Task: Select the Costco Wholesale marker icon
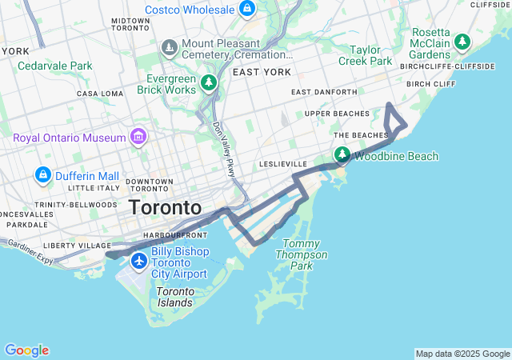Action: pos(247,10)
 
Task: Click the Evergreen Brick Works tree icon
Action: pos(209,82)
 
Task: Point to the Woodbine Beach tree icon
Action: pos(342,155)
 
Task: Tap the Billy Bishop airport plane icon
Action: pos(140,261)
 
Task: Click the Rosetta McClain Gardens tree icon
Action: pos(462,41)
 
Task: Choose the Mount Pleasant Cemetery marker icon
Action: pos(169,49)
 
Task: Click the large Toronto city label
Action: pos(166,207)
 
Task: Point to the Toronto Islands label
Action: pos(174,297)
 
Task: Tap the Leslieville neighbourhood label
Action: pos(283,163)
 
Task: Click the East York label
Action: pos(262,72)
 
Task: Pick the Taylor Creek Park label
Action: pos(365,54)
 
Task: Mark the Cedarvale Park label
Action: pos(55,66)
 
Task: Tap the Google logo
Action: pos(26,350)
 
